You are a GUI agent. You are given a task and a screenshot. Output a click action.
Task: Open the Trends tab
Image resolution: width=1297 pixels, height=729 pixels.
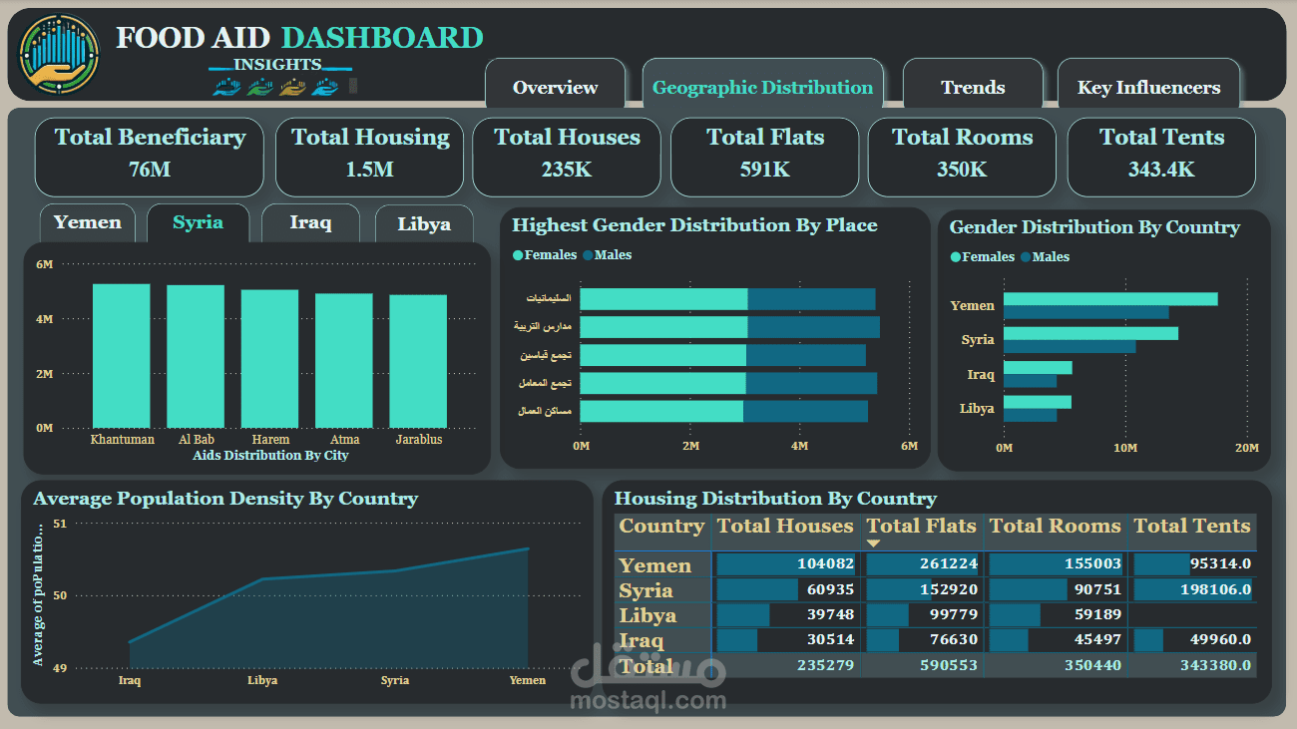pyautogui.click(x=973, y=88)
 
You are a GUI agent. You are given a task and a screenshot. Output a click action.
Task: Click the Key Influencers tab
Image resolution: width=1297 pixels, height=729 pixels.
pyautogui.click(x=1148, y=88)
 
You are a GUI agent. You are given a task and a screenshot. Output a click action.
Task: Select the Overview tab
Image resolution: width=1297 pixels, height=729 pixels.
pyautogui.click(x=555, y=88)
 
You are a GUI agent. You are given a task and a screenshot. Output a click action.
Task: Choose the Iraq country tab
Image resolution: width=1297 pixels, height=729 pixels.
pyautogui.click(x=310, y=222)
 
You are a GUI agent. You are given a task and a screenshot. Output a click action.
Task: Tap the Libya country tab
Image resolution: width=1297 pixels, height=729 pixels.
pyautogui.click(x=424, y=223)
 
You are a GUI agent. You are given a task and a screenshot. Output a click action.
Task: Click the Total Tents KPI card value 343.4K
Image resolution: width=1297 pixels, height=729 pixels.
pyautogui.click(x=1161, y=170)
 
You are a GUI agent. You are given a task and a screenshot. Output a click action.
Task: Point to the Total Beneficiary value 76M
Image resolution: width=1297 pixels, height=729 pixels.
pyautogui.click(x=150, y=170)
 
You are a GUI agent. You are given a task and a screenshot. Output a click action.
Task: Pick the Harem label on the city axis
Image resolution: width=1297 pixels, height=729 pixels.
pyautogui.click(x=270, y=439)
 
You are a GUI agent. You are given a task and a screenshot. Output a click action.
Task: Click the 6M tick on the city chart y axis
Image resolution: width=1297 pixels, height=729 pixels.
pyautogui.click(x=44, y=264)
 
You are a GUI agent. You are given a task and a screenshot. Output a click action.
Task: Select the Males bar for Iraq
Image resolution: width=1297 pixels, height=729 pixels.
pyautogui.click(x=1030, y=380)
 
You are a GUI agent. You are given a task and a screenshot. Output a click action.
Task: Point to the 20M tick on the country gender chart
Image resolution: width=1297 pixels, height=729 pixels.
pyautogui.click(x=1246, y=449)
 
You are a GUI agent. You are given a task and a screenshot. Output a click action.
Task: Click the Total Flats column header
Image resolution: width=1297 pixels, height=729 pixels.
pyautogui.click(x=921, y=527)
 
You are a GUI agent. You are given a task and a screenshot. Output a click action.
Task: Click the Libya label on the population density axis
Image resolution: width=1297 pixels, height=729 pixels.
pyautogui.click(x=262, y=680)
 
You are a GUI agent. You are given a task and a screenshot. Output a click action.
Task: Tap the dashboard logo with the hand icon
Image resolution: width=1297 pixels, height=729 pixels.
pyautogui.click(x=60, y=54)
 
